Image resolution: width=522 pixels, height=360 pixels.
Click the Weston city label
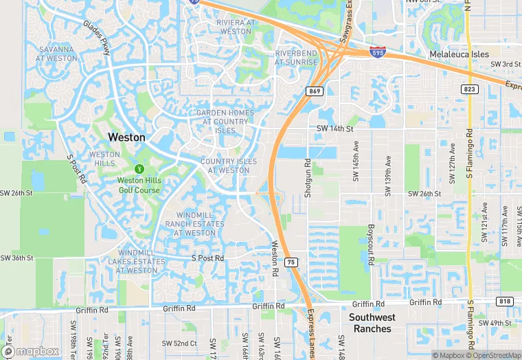(127, 137)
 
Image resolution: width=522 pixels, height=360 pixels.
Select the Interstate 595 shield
(376, 51)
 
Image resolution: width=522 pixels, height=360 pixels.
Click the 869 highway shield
(315, 91)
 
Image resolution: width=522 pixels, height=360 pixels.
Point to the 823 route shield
(469, 89)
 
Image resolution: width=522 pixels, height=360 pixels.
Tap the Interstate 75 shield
(292, 262)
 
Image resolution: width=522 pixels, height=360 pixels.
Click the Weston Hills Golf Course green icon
(139, 168)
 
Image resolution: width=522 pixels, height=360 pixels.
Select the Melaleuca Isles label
(459, 54)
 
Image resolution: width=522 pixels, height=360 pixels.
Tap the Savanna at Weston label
(57, 54)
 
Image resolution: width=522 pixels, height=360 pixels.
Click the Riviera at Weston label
(236, 27)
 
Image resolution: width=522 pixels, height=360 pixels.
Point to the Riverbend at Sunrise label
(296, 58)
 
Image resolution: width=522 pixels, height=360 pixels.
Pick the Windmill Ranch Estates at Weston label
(195, 224)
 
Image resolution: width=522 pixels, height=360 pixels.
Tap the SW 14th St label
(334, 128)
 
